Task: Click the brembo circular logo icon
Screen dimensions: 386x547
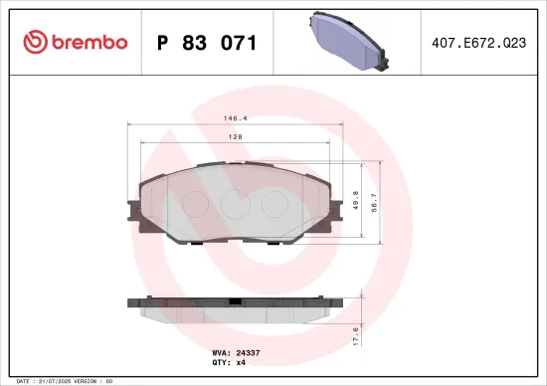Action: [x=35, y=42]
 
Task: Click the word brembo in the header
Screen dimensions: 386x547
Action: [x=89, y=42]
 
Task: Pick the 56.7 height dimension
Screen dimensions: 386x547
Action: [x=373, y=202]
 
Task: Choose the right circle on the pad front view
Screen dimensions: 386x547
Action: [x=273, y=203]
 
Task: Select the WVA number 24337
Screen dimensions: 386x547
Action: [x=248, y=352]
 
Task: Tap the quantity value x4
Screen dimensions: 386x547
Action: [x=240, y=363]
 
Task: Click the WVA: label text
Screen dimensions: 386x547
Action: [x=222, y=352]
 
